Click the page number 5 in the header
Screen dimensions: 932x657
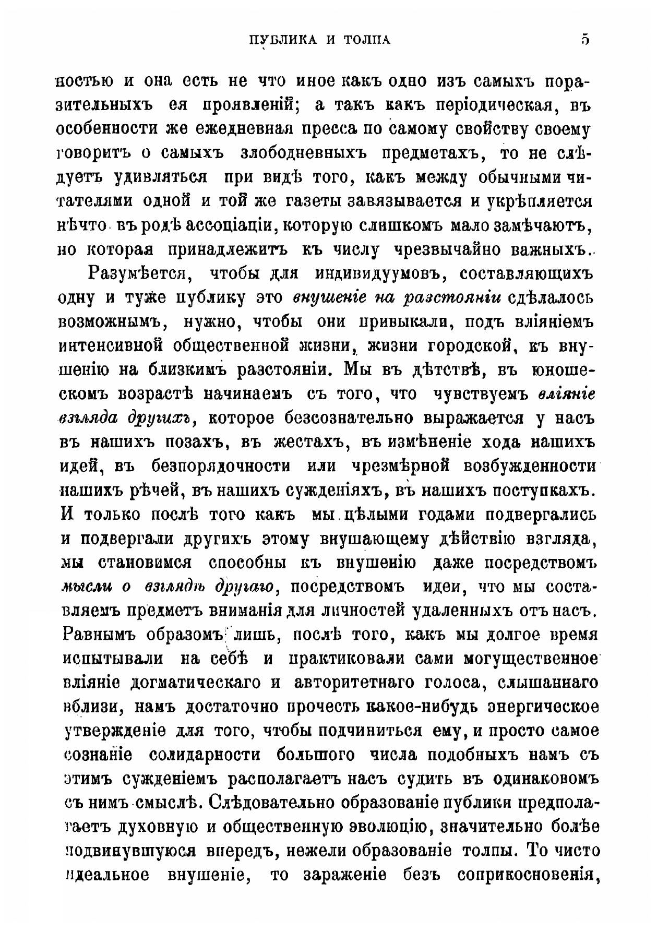click(x=584, y=40)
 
